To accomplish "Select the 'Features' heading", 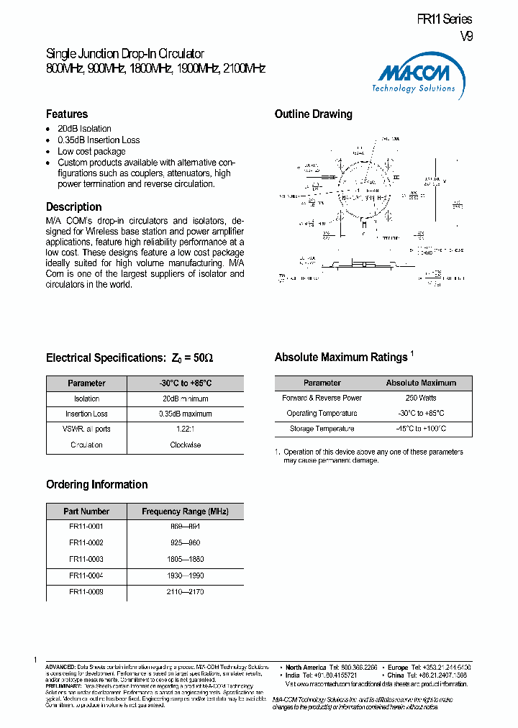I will coord(67,114).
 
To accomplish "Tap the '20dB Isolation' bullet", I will coord(84,129).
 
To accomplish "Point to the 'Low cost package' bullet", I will coord(91,152).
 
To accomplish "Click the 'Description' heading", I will coord(73,207).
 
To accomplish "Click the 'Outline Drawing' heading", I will coord(313,114).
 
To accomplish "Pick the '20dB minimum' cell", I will coord(185,399).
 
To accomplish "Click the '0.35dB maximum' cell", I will coord(185,414).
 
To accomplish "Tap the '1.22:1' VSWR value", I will coord(185,429).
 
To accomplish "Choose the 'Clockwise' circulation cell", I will coord(185,445).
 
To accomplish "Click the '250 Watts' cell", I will coord(421,398).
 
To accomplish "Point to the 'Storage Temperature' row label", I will coord(322,429).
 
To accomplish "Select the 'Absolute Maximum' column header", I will coord(421,383).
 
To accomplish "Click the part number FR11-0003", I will coord(86,559).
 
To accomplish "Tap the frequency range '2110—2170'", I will coord(185,591).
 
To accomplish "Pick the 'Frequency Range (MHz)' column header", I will coord(185,511).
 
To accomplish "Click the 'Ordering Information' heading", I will coord(96,485).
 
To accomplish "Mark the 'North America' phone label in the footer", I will coord(306,668).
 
